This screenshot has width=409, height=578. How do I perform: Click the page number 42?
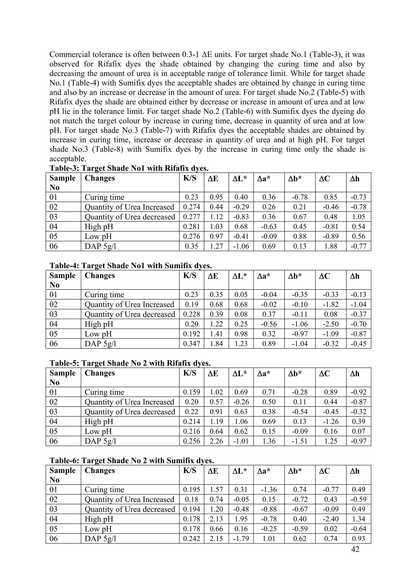[355, 549]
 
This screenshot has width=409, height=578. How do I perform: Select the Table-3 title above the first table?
[129, 168]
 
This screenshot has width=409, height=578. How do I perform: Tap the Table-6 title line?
[132, 461]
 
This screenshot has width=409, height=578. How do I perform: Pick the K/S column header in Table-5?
[190, 373]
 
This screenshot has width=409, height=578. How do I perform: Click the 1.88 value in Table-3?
[331, 246]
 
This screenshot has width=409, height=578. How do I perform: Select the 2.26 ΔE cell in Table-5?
[216, 441]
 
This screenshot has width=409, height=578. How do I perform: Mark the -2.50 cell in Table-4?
[331, 324]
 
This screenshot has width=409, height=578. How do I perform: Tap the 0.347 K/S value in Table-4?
[192, 344]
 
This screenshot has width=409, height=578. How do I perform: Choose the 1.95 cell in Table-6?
[241, 519]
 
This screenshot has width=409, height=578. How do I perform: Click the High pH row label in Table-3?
[99, 227]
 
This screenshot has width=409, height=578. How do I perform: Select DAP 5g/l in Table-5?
[100, 441]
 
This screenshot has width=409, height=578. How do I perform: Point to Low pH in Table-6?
[98, 529]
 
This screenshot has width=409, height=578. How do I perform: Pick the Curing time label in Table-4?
[104, 294]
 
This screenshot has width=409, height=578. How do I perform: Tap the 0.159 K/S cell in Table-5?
[192, 392]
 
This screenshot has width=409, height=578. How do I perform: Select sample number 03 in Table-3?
[54, 217]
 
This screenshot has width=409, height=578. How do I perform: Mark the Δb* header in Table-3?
[295, 179]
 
